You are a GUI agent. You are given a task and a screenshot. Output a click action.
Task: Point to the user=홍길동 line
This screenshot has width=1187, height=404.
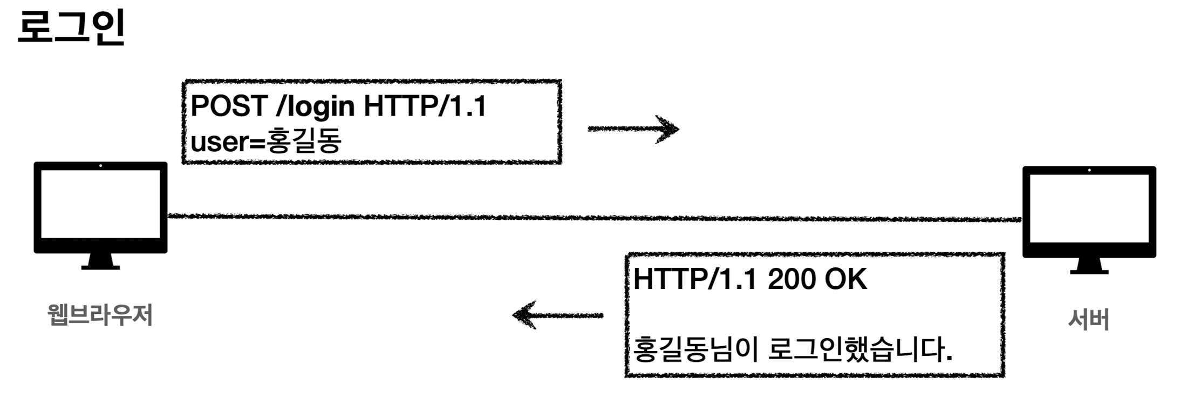[265, 142]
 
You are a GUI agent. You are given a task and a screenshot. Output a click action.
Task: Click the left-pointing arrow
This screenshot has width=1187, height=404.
[557, 315]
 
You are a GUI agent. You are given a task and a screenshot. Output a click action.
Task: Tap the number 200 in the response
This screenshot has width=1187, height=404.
[792, 279]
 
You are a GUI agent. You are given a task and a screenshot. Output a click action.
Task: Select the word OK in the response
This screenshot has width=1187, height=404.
[846, 279]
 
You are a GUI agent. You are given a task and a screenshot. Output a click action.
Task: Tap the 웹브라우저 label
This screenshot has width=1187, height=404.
[100, 315]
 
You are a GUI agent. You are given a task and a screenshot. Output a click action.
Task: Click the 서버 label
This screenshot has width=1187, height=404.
[1088, 319]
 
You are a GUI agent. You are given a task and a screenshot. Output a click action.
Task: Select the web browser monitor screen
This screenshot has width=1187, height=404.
[101, 204]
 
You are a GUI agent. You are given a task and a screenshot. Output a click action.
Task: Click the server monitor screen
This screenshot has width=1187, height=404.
[1089, 208]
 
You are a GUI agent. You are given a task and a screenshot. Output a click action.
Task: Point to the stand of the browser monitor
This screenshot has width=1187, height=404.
[100, 261]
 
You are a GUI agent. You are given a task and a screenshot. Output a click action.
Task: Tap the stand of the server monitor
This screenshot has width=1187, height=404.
[1089, 266]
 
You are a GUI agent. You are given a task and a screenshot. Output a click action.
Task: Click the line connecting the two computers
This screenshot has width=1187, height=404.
[593, 218]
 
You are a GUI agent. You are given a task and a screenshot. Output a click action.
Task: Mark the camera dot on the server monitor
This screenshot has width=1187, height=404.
[1089, 170]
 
